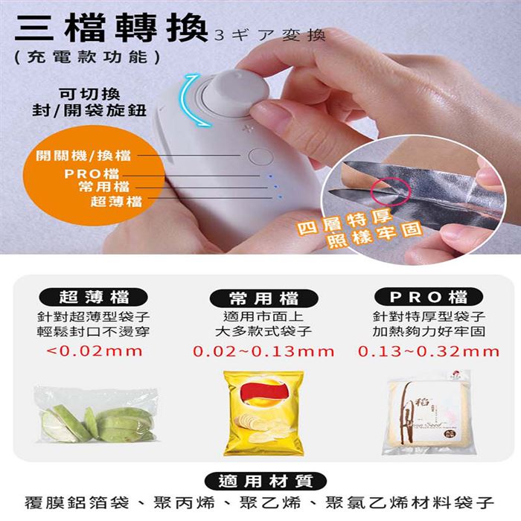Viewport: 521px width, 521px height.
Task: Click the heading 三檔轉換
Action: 112,28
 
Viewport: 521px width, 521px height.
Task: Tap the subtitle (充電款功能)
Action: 88,57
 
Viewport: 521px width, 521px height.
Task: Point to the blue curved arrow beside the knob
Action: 191,100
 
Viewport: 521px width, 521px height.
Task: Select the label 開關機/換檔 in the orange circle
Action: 83,155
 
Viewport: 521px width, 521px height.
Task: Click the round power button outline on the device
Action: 260,156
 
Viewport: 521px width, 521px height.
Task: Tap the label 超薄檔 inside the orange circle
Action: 116,202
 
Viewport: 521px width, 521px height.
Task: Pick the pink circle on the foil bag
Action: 392,192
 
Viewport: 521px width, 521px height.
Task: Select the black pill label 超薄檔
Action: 93,297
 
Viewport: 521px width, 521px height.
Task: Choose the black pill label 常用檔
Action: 263,298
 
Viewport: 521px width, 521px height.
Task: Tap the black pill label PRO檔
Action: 429,297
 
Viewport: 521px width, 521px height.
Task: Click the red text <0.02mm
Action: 95,351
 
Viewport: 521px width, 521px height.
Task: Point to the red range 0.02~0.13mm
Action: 263,351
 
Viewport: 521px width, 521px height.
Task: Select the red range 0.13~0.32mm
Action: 429,351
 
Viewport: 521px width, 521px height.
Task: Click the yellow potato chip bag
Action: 263,413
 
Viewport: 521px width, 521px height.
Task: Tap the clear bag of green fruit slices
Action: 96,415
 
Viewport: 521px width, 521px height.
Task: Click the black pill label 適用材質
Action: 266,481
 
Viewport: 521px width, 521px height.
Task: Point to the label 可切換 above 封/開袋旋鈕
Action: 89,94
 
